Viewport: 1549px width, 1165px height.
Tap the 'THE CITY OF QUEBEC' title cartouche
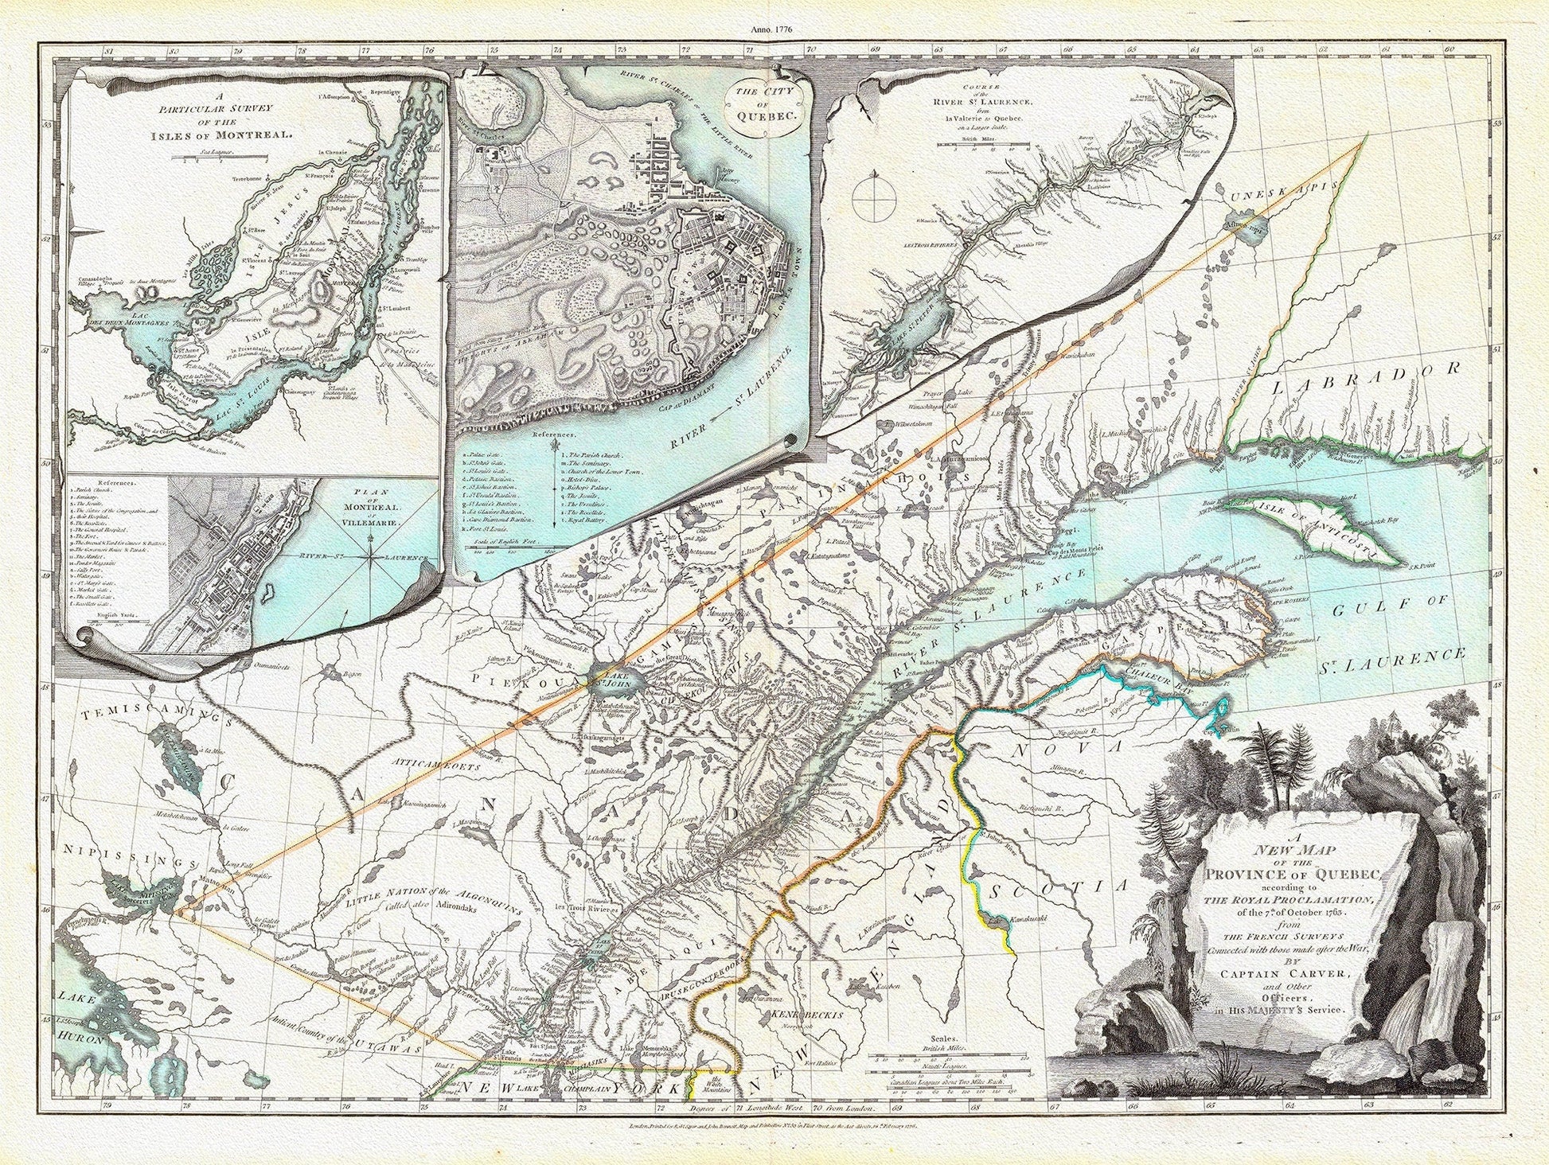(x=764, y=104)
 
